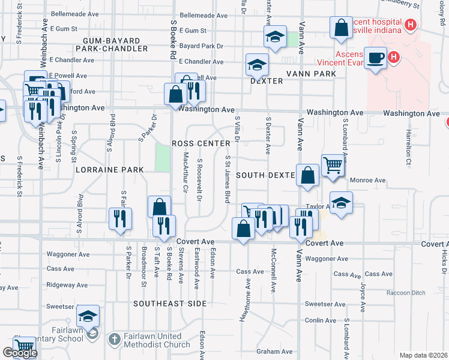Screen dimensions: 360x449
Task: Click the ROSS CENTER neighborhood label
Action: point(201,143)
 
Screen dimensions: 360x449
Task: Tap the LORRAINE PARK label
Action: point(110,170)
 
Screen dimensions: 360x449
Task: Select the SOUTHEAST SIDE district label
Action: point(170,304)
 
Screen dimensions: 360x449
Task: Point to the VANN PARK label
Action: point(310,73)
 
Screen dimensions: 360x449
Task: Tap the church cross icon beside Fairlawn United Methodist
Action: point(114,340)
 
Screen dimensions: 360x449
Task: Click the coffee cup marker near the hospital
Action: point(376,58)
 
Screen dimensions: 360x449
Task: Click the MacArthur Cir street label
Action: point(185,172)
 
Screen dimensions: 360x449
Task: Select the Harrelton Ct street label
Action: point(408,146)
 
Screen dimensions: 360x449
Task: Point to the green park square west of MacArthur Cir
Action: point(163,157)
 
